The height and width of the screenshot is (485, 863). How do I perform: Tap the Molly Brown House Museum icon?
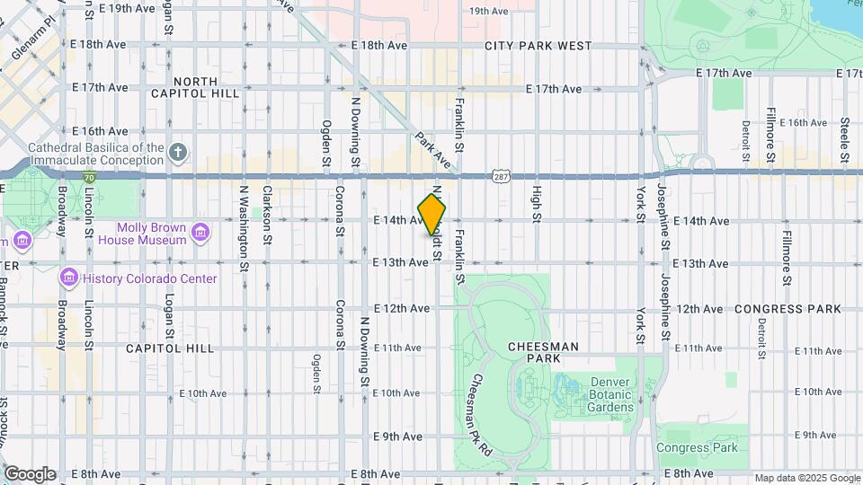200,234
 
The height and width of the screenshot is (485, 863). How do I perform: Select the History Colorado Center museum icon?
69,278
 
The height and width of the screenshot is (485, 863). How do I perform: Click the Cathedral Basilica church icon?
178,153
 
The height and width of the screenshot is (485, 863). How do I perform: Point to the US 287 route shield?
501,176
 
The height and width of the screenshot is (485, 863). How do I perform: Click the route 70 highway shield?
88,178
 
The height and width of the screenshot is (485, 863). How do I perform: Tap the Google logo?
29,473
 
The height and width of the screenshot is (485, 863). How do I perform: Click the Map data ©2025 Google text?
806,478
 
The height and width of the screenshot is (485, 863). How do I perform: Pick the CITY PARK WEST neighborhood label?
538,46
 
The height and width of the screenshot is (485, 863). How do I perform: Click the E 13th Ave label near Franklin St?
401,262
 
